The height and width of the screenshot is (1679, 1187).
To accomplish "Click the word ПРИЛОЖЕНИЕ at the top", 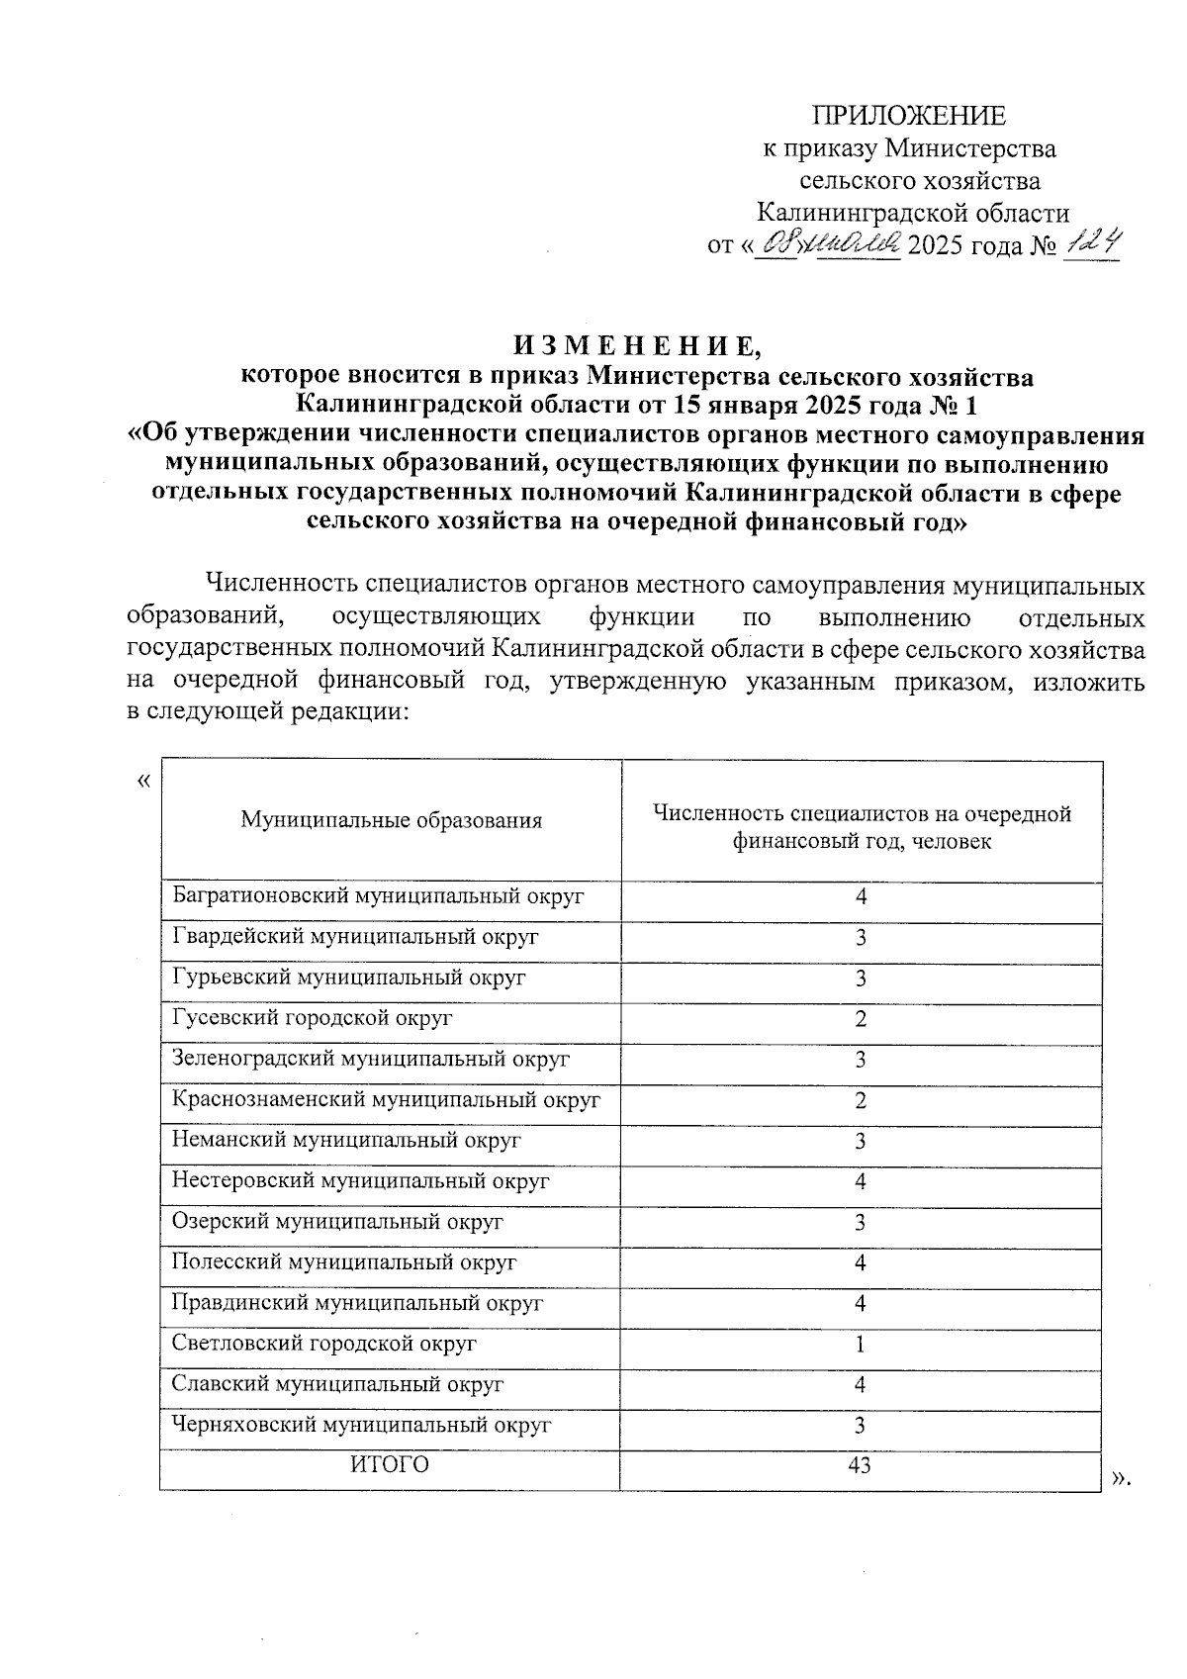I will point(908,117).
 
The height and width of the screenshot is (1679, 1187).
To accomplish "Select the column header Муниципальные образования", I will point(392,820).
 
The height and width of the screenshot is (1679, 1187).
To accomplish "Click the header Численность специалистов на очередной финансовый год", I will point(862,827).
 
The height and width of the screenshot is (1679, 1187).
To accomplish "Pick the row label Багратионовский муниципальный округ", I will point(378,896).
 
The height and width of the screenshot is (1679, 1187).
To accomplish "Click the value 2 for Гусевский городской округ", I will point(861,1019).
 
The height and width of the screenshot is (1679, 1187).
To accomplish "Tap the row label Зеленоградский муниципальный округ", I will point(371,1060).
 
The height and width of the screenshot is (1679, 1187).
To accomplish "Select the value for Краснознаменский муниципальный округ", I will point(861,1100).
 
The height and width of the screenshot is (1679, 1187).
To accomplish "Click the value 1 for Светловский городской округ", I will point(861,1345).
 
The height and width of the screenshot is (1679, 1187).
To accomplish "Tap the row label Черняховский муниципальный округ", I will point(361,1426).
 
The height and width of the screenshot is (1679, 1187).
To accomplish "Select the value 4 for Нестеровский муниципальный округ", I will point(861,1181).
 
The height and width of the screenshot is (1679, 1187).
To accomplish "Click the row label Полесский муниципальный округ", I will point(344,1262).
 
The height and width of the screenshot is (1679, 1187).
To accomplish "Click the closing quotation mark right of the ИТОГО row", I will point(1120,1477).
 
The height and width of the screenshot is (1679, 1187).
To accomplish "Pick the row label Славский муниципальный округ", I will point(337,1385).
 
